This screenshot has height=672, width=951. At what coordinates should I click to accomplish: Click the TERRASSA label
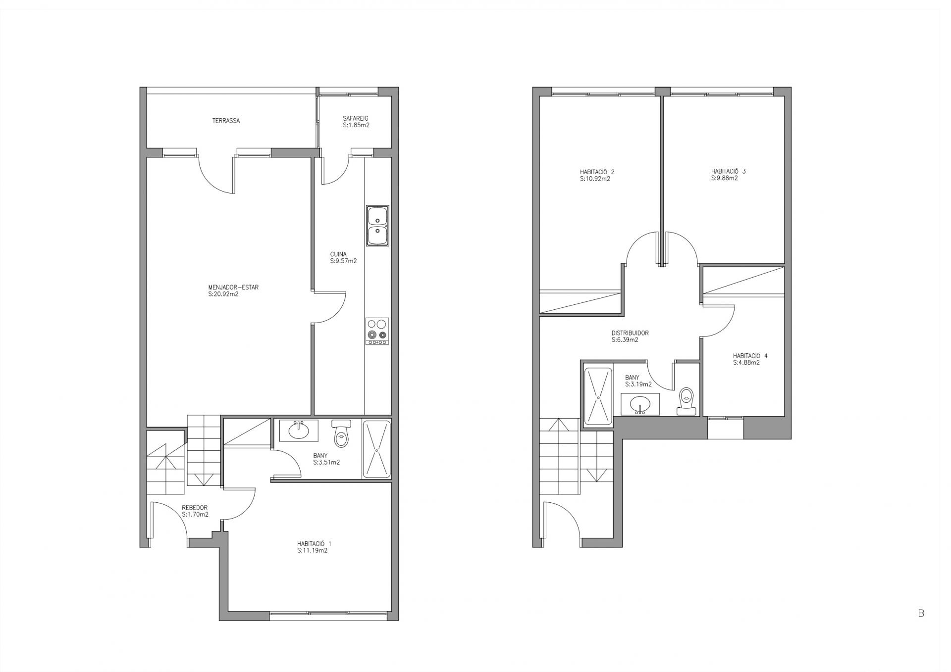[x=226, y=121]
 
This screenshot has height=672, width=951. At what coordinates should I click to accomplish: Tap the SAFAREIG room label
[x=356, y=119]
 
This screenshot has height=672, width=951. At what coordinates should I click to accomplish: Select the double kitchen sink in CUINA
[x=377, y=226]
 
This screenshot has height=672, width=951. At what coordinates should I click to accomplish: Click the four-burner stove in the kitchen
[x=377, y=331]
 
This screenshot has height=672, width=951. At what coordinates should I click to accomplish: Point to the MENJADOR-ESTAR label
[x=233, y=287]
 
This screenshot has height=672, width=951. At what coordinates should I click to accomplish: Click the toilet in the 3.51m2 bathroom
[x=341, y=433]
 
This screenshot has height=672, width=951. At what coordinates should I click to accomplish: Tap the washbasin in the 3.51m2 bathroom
[x=299, y=431]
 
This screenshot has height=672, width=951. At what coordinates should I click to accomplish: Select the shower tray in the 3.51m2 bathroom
[x=377, y=449]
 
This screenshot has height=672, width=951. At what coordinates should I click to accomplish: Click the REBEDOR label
[x=195, y=508]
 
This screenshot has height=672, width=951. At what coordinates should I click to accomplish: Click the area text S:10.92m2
[x=595, y=179]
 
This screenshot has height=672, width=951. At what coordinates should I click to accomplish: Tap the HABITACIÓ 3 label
[x=728, y=172]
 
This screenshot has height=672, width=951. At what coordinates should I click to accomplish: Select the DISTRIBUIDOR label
[x=630, y=333]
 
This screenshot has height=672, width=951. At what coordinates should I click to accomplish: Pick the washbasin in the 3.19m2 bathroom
[x=640, y=404]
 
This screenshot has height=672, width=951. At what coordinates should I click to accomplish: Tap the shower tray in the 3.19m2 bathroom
[x=598, y=396]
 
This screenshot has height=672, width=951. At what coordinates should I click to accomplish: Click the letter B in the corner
[x=921, y=613]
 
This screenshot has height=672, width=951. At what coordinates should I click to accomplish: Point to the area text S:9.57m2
[x=343, y=261]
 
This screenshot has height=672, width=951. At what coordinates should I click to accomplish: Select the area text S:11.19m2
[x=313, y=550]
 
